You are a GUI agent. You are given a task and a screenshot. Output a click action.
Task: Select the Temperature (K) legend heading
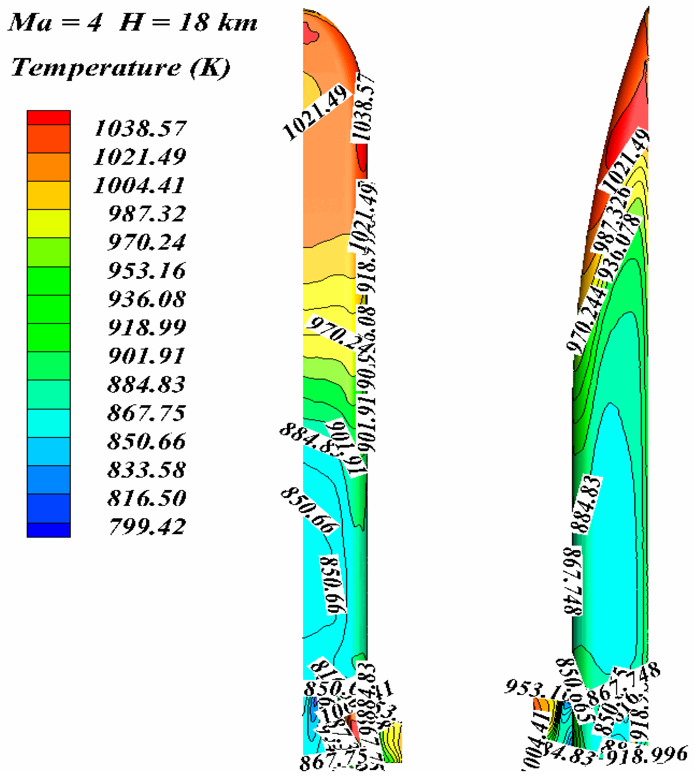121,67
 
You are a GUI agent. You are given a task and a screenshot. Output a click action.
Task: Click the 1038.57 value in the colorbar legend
140,128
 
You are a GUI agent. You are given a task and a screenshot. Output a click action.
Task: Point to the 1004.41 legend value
139,186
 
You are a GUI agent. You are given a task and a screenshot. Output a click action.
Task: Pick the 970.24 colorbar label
147,242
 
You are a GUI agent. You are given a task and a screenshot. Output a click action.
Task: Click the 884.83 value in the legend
147,384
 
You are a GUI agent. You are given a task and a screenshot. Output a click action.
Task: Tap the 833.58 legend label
147,470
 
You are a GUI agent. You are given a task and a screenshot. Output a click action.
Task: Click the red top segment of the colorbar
49,117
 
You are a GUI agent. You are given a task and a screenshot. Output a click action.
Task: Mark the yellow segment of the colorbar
49,224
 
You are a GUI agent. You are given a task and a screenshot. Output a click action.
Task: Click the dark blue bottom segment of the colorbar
49,530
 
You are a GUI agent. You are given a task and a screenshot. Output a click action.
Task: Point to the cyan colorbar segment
49,423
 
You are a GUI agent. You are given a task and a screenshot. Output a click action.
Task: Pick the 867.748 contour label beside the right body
573,581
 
